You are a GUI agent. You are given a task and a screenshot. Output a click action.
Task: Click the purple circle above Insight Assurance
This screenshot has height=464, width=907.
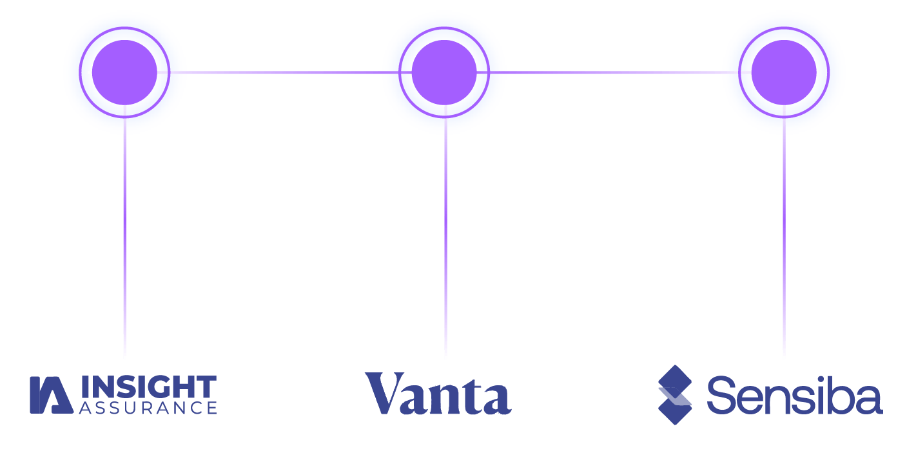pos(124,72)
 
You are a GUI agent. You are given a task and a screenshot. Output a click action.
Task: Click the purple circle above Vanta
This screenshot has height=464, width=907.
pos(444,72)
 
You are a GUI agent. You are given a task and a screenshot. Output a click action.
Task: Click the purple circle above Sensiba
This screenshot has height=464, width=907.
pos(784,72)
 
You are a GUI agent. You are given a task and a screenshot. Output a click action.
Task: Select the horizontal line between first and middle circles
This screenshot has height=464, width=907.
pos(284,72)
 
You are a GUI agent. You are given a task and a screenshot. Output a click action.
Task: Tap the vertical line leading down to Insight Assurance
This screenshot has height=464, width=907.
pos(124,245)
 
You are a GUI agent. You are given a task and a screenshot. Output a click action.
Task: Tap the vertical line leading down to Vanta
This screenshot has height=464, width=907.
pos(445,245)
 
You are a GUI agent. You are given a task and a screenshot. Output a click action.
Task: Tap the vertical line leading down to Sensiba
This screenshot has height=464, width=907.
pos(784,245)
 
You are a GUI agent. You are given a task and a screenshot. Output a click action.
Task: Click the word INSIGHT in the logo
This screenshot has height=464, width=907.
pos(148,387)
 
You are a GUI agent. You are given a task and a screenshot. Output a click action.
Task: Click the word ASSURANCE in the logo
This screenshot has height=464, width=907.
pos(148,408)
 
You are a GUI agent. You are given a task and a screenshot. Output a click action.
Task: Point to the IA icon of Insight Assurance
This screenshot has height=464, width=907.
pos(50,394)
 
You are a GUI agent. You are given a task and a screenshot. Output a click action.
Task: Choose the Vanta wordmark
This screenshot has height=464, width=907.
pos(438,393)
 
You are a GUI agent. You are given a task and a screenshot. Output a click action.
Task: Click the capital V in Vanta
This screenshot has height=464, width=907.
pos(385,393)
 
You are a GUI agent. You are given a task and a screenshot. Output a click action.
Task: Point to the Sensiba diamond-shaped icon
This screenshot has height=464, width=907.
pos(674,394)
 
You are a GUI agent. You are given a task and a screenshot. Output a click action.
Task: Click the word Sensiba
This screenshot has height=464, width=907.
pos(794,396)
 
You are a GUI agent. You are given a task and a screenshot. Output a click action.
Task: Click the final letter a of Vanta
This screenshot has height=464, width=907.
pos(498,400)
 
